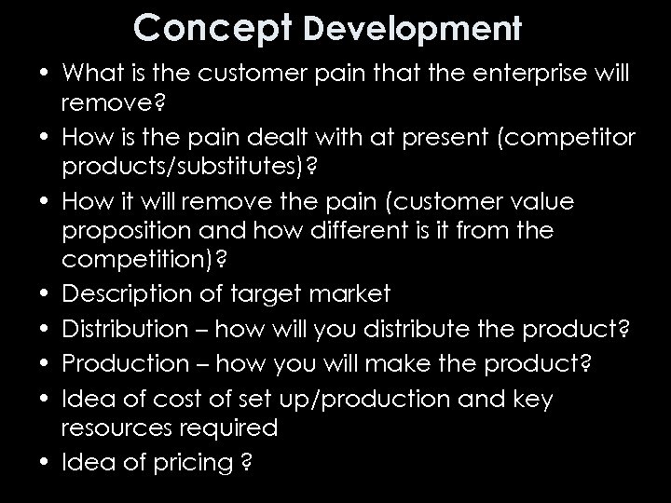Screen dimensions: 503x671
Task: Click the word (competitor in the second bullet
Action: pos(568,139)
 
